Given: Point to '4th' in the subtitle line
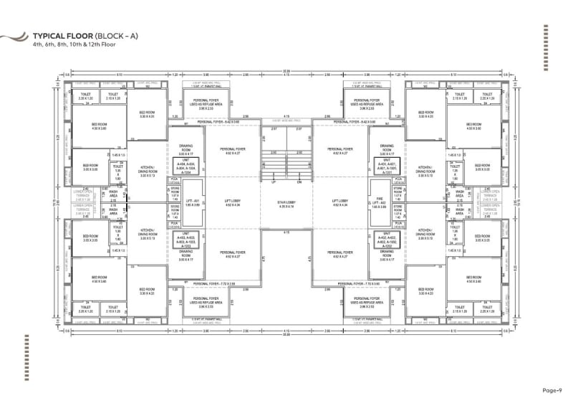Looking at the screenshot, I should coord(37,44).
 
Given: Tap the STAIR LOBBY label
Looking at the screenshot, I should coord(286,202).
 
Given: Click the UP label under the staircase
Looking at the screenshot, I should coord(273,182).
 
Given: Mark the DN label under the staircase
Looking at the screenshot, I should coord(299,182).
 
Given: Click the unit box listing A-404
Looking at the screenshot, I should coord(186,167).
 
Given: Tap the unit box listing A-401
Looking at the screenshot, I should coord(386,167).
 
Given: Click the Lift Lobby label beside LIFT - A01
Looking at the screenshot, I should coord(231,202).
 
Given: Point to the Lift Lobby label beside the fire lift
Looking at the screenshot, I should coord(340,202).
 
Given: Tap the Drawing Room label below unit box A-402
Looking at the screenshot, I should coord(386,253).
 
